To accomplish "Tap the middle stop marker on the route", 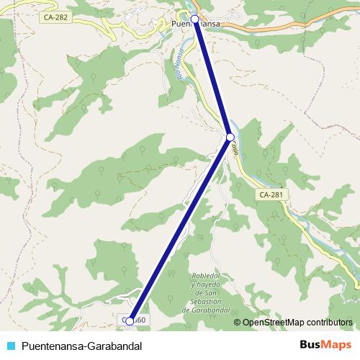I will pyautogui.click(x=230, y=137).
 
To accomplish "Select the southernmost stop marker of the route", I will pyautogui.click(x=130, y=321).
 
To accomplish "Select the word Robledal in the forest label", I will pyautogui.click(x=210, y=276).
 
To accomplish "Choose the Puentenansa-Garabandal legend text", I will pyautogui.click(x=81, y=346).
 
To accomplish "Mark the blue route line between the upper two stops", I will pyautogui.click(x=212, y=78).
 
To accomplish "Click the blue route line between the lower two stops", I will pyautogui.click(x=180, y=229).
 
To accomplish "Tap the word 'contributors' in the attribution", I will pyautogui.click(x=330, y=323).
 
